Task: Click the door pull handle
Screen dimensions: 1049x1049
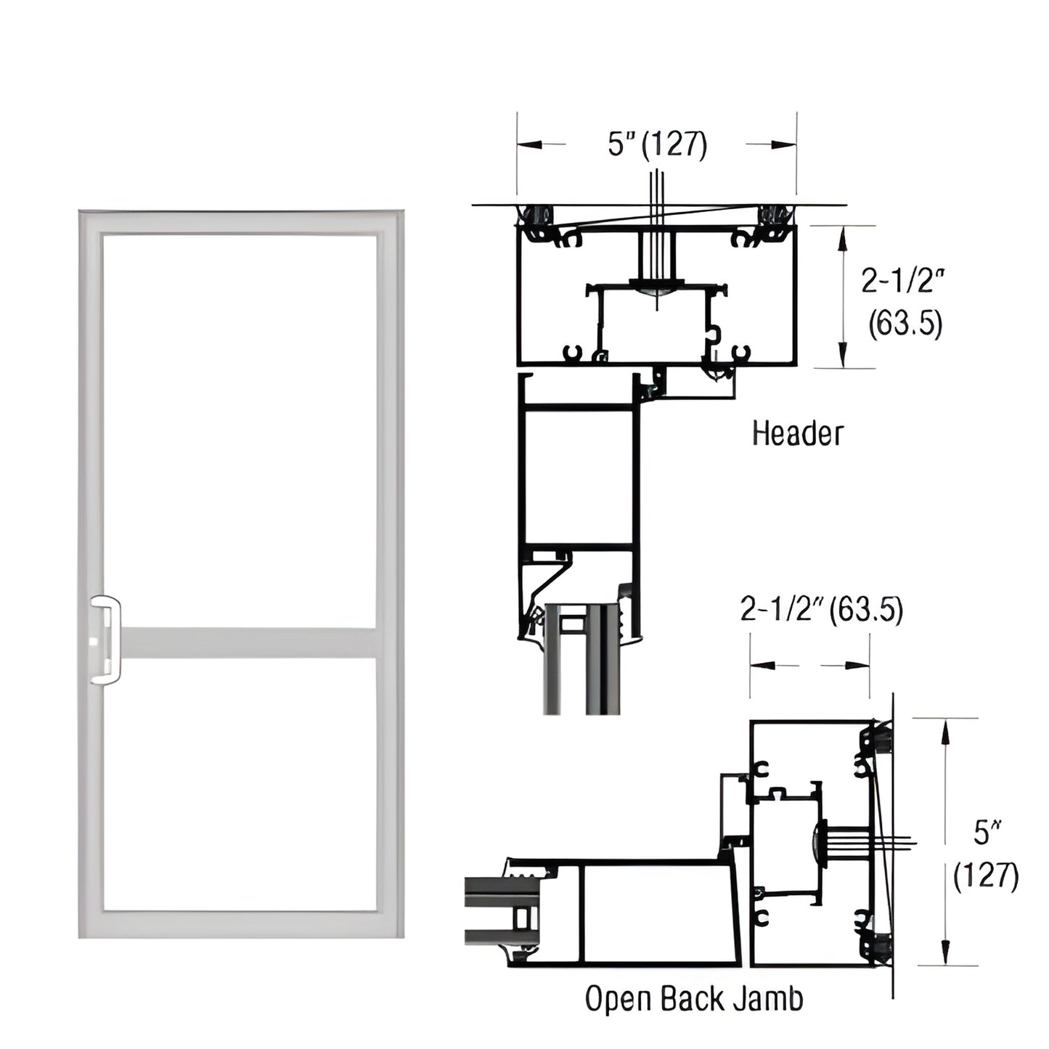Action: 106,640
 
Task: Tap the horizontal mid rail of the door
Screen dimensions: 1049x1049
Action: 247,642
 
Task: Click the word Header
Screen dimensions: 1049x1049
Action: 797,433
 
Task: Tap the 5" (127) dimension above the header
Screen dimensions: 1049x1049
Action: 657,144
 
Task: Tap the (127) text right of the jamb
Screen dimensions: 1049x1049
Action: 986,876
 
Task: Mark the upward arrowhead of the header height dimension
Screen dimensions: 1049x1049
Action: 842,236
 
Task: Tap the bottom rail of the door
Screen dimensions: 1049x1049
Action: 240,923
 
